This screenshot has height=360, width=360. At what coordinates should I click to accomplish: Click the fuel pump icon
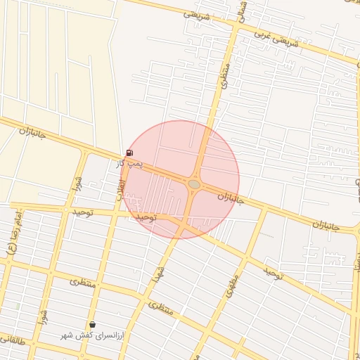point(129,153)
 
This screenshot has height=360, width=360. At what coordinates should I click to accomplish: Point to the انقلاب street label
point(120,189)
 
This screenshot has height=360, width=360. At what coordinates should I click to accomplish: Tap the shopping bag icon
point(92,324)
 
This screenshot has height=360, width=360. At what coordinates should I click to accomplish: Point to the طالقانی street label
point(13,340)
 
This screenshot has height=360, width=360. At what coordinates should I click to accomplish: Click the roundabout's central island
point(194,184)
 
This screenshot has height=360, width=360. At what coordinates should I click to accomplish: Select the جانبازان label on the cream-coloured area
point(32,131)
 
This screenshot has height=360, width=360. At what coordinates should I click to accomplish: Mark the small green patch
point(16,306)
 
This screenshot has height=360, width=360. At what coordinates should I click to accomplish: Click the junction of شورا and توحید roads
point(65,210)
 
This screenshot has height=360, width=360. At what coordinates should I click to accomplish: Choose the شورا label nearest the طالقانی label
point(44,315)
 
